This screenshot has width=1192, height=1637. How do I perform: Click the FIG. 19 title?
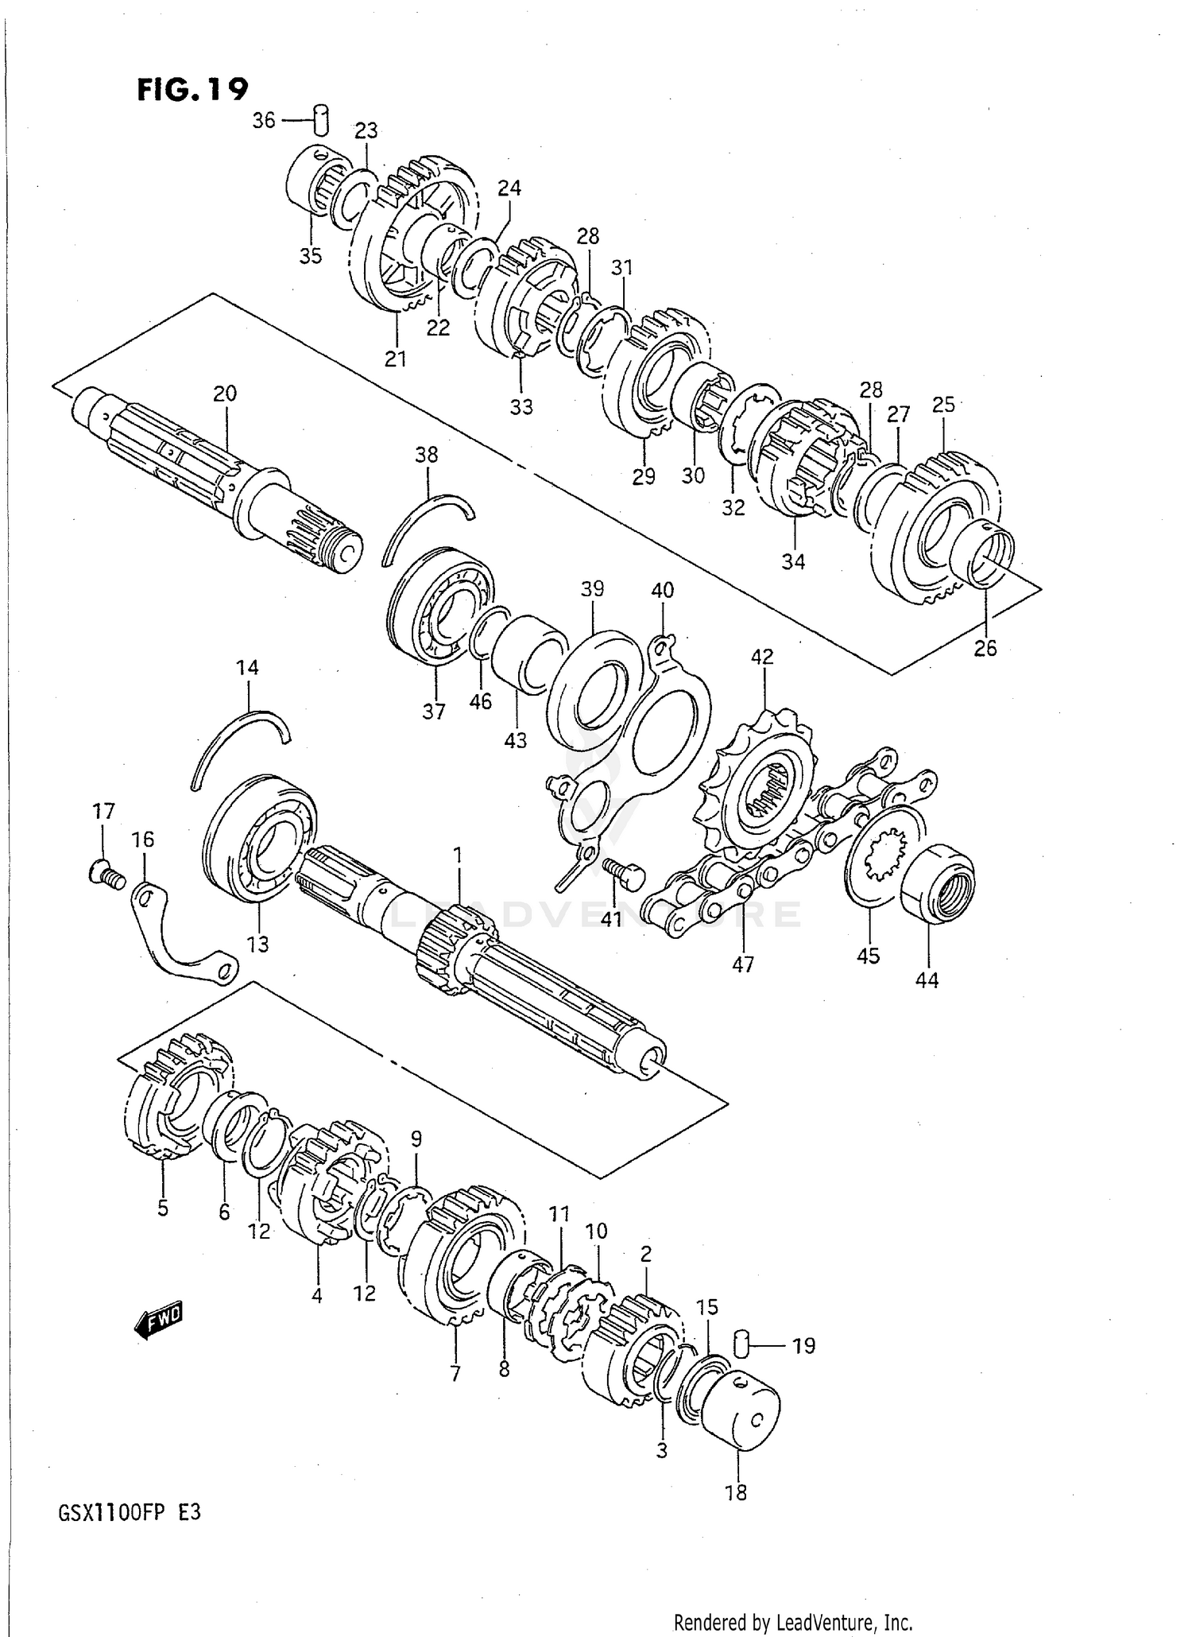(192, 89)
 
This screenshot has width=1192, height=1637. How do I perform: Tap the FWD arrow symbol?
(158, 1321)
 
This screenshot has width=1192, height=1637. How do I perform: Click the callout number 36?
(264, 120)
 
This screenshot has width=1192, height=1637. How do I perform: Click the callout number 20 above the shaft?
(225, 393)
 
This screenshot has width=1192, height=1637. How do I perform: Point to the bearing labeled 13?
(260, 837)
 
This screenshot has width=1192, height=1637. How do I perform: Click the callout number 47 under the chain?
(742, 964)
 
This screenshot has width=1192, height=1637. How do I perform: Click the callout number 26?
(985, 648)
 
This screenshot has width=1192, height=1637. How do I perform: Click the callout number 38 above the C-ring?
(427, 455)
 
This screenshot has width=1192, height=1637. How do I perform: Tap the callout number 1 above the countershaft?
(458, 855)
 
